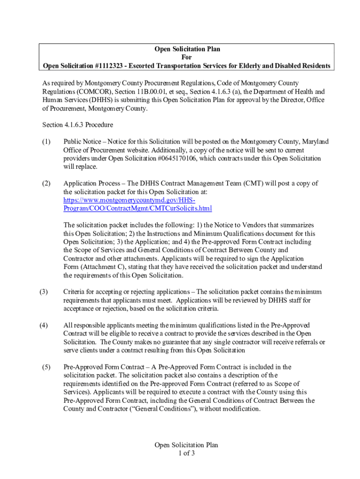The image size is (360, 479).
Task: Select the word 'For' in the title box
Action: click(x=187, y=57)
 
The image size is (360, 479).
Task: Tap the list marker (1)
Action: click(x=46, y=142)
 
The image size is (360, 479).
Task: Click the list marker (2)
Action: click(x=46, y=183)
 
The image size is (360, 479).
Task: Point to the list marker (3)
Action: click(x=43, y=292)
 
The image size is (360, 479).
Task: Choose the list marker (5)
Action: click(x=46, y=367)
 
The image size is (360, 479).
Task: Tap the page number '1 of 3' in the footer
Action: click(x=186, y=453)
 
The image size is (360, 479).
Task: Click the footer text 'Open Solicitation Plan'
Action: click(x=186, y=445)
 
